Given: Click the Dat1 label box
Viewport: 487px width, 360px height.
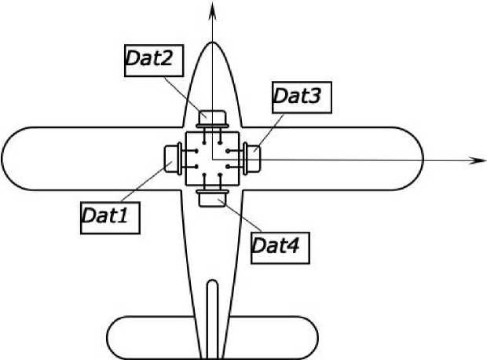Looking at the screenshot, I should (110, 216).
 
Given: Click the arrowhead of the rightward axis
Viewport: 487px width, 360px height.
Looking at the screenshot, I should (476, 160).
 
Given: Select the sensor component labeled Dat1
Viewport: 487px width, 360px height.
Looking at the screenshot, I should (172, 158).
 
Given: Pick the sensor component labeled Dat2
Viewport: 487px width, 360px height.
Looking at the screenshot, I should (212, 119).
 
